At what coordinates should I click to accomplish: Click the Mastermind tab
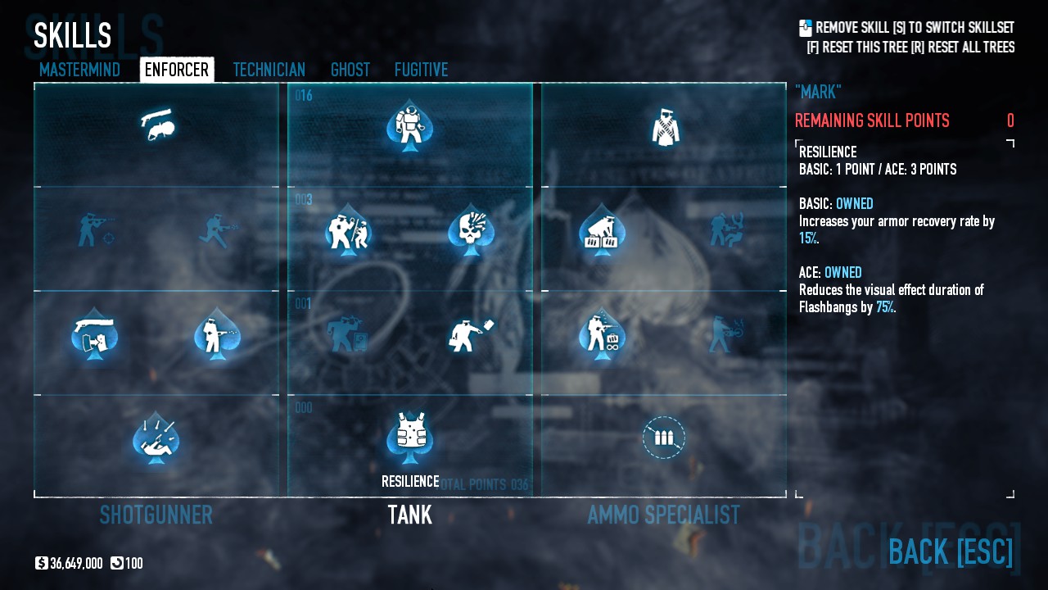point(79,70)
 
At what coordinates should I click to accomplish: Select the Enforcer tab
point(177,70)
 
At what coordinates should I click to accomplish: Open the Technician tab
point(269,70)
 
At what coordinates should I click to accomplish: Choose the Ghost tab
point(350,70)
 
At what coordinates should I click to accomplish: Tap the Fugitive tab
point(421,70)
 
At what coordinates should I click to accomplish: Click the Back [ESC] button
point(951,551)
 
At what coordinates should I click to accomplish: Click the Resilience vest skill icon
point(410,434)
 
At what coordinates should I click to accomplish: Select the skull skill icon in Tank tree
point(470,229)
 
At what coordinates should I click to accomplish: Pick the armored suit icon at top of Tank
point(410,125)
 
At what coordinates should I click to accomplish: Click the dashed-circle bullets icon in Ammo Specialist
point(664,438)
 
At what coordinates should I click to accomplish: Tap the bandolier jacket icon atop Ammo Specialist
point(664,128)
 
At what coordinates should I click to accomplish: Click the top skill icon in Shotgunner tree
point(156,125)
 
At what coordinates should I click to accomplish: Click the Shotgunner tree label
point(156,515)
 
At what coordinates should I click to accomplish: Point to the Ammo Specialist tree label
point(664,515)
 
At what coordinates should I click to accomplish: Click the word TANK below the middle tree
point(410,515)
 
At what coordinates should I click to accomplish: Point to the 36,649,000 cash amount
point(76,564)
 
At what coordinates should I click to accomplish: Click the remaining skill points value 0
point(1010,121)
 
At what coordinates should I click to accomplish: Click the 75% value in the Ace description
point(885,307)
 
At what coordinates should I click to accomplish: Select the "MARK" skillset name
point(818,92)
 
